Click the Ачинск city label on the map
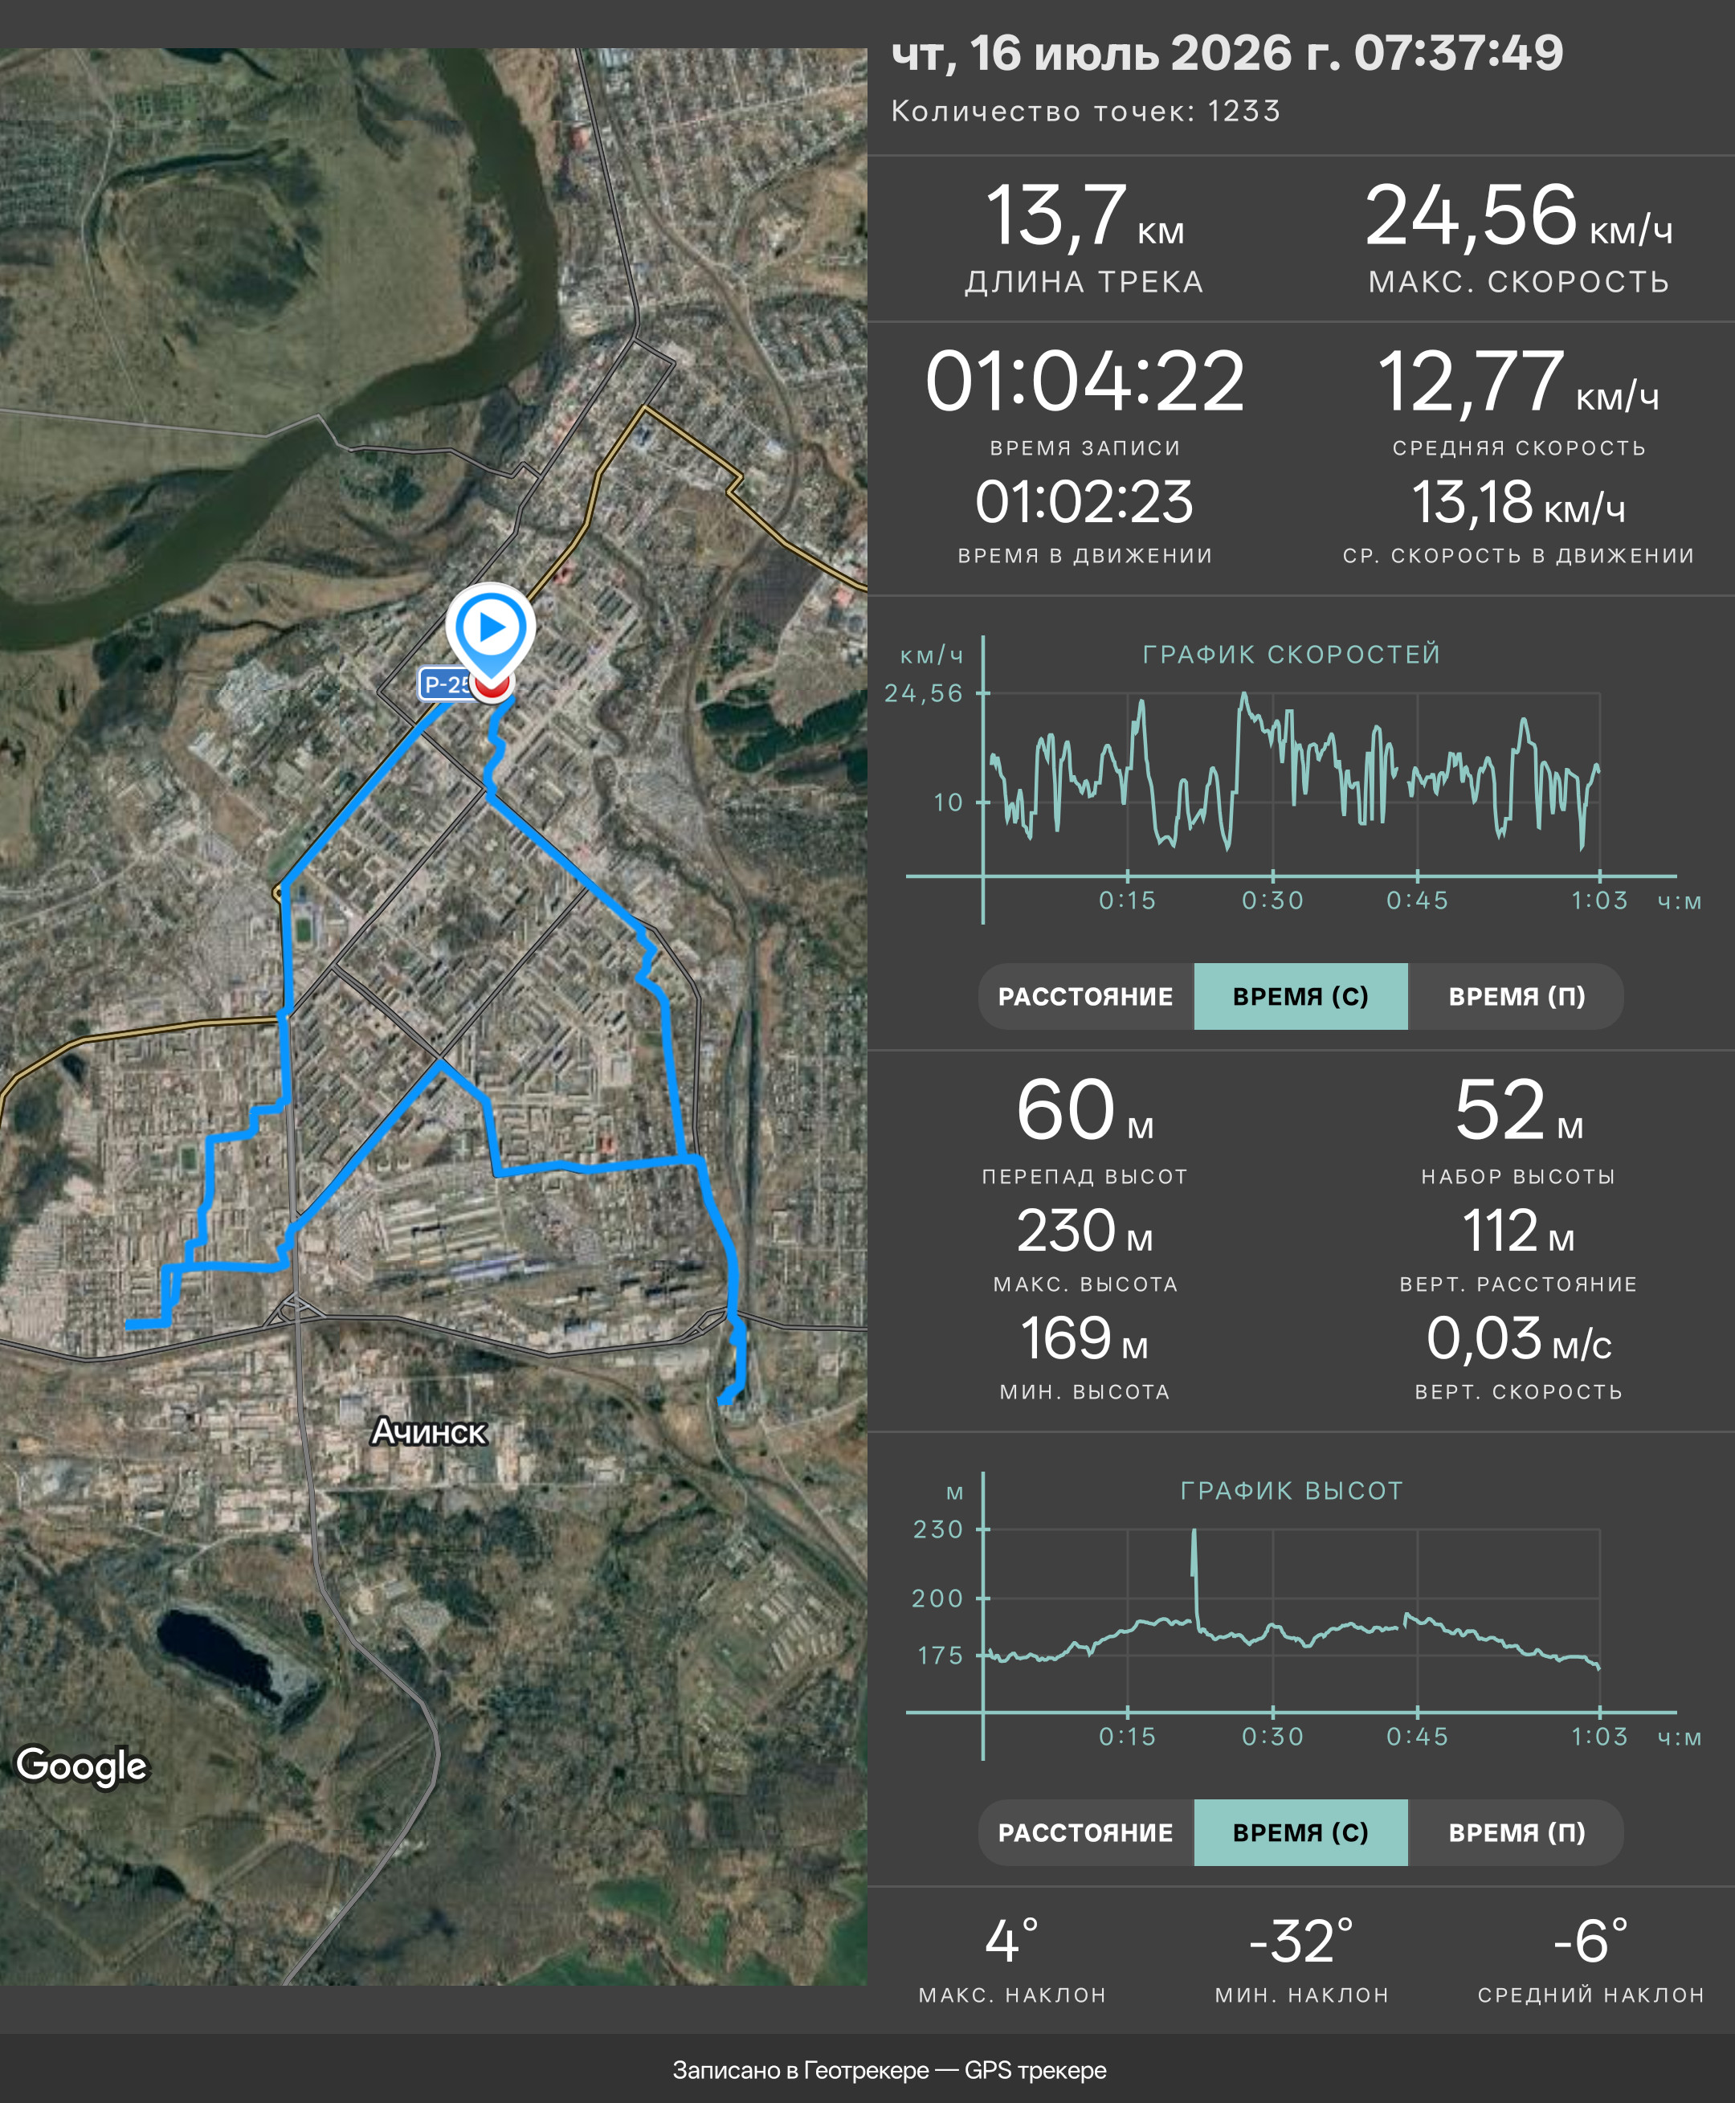click(429, 1432)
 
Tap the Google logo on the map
click(82, 1765)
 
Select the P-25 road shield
click(446, 684)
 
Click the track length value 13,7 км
click(1084, 217)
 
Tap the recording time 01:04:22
click(1084, 381)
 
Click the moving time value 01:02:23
click(1084, 502)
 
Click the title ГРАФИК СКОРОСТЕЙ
click(1292, 655)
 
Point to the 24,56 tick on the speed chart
click(924, 692)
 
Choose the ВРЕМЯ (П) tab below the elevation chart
click(1517, 1832)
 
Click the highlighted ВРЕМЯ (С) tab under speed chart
click(1300, 997)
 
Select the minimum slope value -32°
click(1301, 1940)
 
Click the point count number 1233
click(1243, 111)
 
